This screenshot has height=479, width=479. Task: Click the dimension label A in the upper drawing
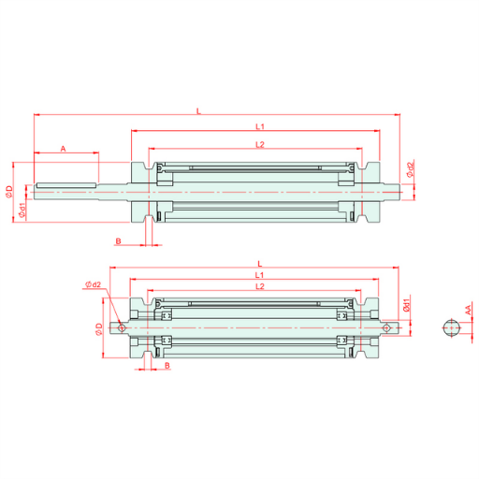click(x=64, y=149)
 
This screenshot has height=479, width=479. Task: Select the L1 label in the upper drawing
click(x=260, y=126)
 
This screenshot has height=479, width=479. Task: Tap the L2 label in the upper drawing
click(x=260, y=144)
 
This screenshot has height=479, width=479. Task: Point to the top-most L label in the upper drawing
click(x=198, y=111)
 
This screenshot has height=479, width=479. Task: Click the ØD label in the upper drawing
click(x=9, y=192)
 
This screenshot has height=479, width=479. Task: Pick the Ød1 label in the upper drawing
click(x=22, y=210)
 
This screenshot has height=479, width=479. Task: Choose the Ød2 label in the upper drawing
click(x=411, y=168)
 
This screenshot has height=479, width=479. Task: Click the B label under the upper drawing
click(x=118, y=241)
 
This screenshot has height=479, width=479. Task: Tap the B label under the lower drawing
click(x=167, y=365)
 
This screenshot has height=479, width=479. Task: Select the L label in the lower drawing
click(x=260, y=264)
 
